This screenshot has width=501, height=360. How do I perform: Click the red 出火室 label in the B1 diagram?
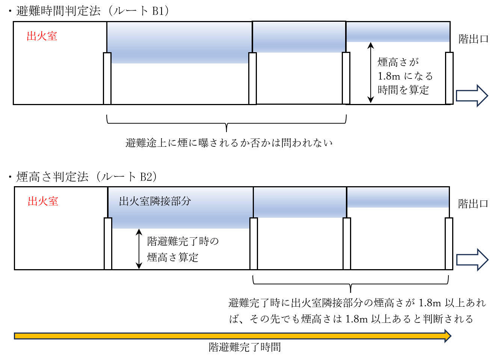pos(42,36)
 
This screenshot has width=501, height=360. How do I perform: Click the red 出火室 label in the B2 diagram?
pos(43,201)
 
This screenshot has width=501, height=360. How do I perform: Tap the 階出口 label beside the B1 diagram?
pos(473,39)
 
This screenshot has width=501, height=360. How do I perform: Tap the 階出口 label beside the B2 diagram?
pos(473,204)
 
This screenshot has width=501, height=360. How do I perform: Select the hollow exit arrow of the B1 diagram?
pos(472,96)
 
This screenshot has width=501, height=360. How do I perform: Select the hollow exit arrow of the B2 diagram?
pos(472,260)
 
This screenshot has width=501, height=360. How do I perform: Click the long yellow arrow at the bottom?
pos(232,336)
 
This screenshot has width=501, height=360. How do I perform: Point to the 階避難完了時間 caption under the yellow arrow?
pos(245,347)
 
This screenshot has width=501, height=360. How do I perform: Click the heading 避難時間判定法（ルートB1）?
pos(92,11)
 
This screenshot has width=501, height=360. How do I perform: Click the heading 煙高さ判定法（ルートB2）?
pos(86,177)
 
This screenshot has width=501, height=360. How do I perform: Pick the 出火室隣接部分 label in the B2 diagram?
pos(155,201)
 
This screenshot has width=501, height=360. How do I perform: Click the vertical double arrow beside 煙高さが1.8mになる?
pos(371,73)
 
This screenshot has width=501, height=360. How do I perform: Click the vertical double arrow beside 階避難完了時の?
pos(139,249)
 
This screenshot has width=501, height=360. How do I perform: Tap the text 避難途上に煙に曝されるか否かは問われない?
pos(229,143)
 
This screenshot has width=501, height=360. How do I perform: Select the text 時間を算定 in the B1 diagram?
pos(403,90)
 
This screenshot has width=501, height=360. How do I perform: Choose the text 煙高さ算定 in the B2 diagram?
pos(173,257)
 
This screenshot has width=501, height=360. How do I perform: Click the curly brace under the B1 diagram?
pos(226,123)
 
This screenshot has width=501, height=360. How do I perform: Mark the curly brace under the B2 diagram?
pos(350,284)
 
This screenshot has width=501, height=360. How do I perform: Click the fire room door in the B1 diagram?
pos(107,78)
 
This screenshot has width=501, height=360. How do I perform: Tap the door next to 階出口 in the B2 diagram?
pos(449,244)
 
